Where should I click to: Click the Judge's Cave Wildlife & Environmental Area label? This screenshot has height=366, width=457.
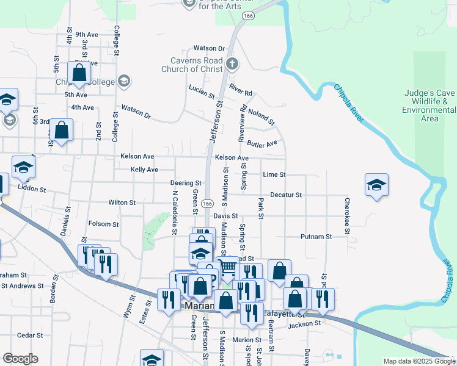click(429, 106)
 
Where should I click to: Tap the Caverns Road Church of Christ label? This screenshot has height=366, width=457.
click(192, 65)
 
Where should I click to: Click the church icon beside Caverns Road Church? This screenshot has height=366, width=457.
click(232, 63)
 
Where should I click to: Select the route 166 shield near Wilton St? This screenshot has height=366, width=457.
click(208, 203)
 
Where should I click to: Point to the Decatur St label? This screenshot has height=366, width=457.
click(286, 195)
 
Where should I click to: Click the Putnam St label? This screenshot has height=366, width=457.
click(316, 236)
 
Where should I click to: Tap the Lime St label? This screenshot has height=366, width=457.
click(274, 174)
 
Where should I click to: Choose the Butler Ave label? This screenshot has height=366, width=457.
click(262, 143)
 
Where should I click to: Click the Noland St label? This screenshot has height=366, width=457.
click(262, 113)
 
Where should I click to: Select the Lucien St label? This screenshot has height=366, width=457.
click(202, 92)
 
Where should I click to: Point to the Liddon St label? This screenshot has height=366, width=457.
click(32, 190)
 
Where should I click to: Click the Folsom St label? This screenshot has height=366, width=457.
click(103, 224)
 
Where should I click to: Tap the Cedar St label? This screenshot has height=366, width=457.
click(29, 335)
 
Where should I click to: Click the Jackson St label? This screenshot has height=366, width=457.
click(304, 324)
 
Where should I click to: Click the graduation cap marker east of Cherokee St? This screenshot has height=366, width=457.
click(376, 185)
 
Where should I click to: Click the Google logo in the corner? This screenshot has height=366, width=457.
click(20, 359)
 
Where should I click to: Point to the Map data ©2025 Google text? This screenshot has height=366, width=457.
click(419, 361)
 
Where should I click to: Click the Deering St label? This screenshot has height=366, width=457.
click(186, 183)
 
